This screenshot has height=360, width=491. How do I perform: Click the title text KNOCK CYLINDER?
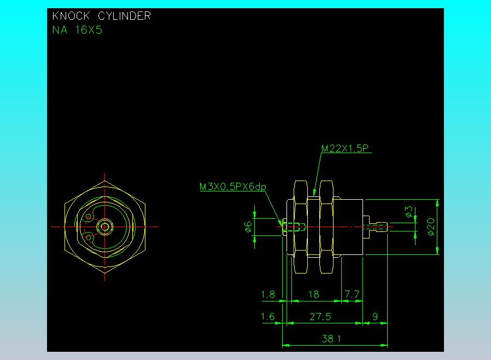point(101,16)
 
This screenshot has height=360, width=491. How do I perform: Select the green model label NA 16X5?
point(77,30)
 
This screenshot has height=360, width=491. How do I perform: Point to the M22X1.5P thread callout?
point(344,148)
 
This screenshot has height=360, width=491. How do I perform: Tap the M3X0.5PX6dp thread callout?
point(232,187)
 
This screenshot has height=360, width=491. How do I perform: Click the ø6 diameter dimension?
point(248,227)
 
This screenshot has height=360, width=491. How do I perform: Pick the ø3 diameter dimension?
point(408,212)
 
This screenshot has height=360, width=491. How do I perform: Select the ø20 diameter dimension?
point(431,227)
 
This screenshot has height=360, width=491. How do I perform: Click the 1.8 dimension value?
point(268,294)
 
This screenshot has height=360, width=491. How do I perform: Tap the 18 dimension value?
point(313,294)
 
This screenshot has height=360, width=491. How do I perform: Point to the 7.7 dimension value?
point(353,294)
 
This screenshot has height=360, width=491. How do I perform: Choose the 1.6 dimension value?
point(268,316)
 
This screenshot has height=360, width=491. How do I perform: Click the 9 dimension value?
point(375,316)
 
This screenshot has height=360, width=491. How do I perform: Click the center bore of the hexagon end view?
point(104,226)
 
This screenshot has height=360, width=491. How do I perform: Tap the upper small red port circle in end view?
point(87,217)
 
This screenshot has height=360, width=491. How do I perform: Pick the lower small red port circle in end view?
point(87,237)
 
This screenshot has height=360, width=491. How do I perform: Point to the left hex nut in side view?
point(300,227)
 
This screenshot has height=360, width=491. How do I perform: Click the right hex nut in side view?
point(326,227)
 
